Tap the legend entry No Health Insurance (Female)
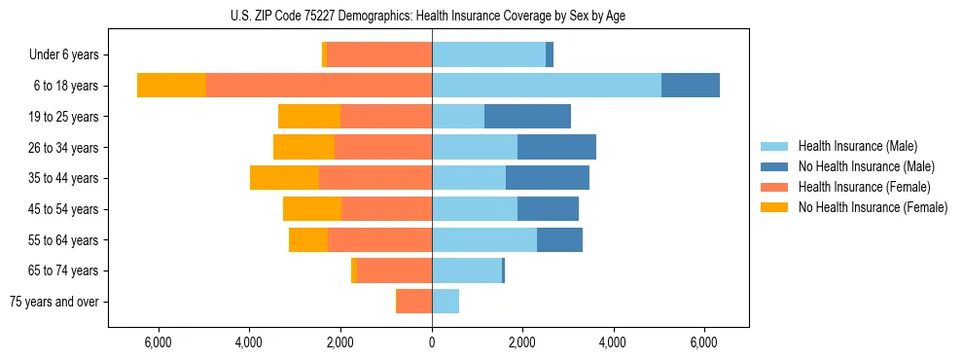point(872,207)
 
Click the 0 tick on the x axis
point(432,342)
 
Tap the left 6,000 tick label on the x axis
point(158,342)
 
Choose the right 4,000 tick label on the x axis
point(614,342)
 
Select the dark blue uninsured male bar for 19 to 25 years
point(527,117)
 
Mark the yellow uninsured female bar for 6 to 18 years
point(172,86)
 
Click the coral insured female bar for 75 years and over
point(414,302)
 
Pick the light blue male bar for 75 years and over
point(446,302)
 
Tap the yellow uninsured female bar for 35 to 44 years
point(285,178)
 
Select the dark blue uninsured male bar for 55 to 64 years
point(559,240)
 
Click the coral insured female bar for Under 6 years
point(379,55)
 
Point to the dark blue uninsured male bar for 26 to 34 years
point(556,148)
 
